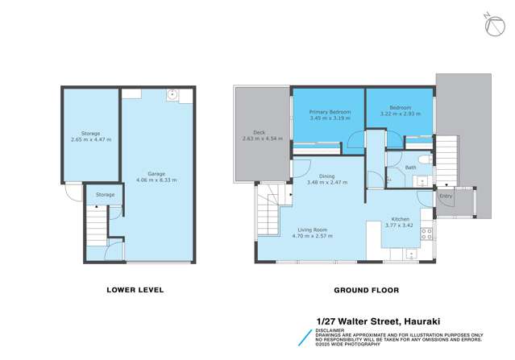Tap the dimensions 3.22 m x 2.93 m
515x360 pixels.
pyautogui.click(x=401, y=114)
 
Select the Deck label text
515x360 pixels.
pyautogui.click(x=259, y=132)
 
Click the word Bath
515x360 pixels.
pyautogui.click(x=410, y=168)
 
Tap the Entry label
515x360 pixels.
pyautogui.click(x=445, y=195)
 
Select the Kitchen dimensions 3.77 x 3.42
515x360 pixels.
pyautogui.click(x=401, y=225)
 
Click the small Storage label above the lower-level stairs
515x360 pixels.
pyautogui.click(x=105, y=194)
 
